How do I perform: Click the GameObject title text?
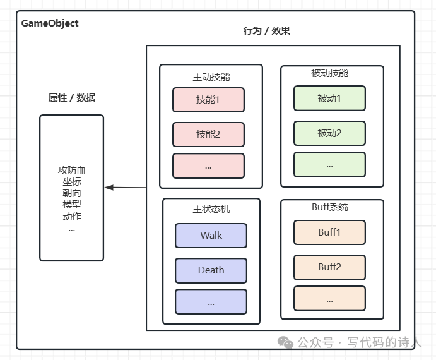(50, 23)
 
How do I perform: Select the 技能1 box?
(209, 100)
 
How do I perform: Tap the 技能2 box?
(209, 135)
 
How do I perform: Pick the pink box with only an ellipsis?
(209, 166)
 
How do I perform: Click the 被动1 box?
(329, 99)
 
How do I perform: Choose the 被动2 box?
(329, 133)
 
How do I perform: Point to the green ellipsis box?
(329, 165)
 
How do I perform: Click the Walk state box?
(211, 236)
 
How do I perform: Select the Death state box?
(211, 270)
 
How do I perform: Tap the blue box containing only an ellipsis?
(211, 302)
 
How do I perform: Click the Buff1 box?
(329, 232)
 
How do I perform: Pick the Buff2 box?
(329, 267)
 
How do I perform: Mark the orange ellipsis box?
(329, 299)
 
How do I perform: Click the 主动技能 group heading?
(211, 77)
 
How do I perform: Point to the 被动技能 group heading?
(330, 73)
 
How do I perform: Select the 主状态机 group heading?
(211, 209)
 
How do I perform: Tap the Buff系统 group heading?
(330, 207)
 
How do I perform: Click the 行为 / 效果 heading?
(267, 30)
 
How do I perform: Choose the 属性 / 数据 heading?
(72, 98)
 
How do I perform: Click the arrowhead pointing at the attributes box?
(109, 188)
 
